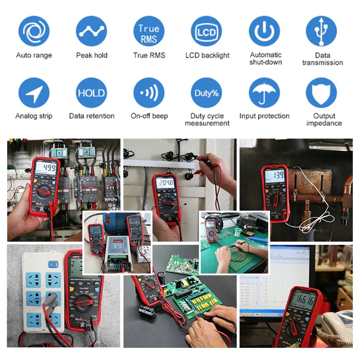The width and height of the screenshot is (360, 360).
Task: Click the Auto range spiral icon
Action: (x=34, y=31)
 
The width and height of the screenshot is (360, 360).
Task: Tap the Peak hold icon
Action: (x=91, y=31)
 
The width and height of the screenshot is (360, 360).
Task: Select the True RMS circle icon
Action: (x=149, y=31)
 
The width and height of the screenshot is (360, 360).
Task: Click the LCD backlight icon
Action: (x=207, y=31)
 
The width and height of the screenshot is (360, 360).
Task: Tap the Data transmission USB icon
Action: (x=321, y=31)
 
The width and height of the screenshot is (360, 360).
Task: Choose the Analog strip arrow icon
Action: (x=34, y=93)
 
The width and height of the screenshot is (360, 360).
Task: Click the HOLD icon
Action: (x=91, y=93)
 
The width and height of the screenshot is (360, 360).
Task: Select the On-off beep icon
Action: (x=149, y=93)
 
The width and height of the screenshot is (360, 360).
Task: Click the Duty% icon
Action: (x=207, y=93)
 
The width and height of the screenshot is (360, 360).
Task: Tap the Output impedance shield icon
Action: (x=321, y=93)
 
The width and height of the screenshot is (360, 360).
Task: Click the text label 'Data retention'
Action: (x=92, y=116)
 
